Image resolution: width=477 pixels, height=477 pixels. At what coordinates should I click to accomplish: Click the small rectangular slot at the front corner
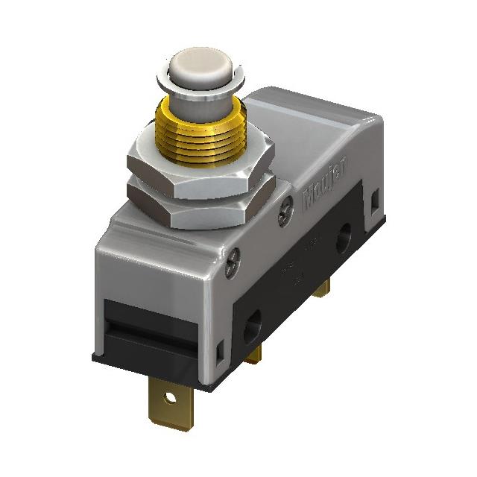220,348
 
